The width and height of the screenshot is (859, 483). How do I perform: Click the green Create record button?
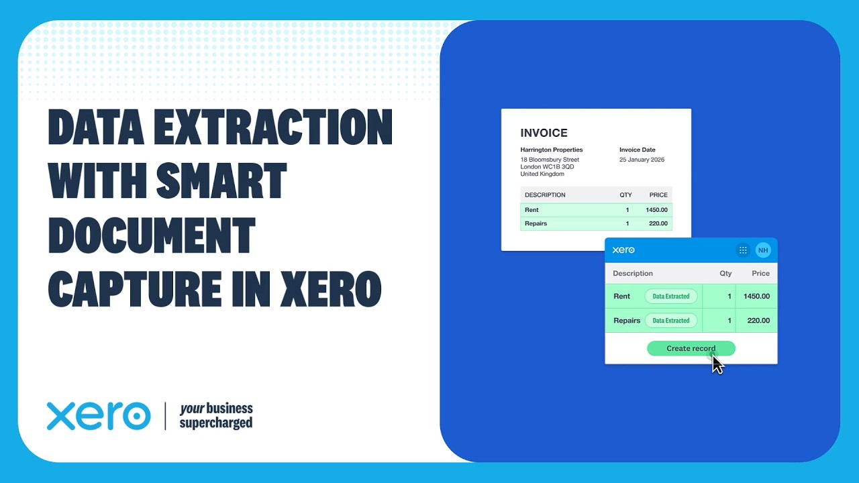[x=691, y=348]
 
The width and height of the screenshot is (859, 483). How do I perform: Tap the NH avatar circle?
[x=762, y=250]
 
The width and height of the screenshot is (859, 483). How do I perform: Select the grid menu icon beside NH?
[x=743, y=250]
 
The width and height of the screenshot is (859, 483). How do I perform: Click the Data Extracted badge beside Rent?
[x=671, y=296]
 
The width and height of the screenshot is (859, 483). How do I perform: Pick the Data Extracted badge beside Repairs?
[x=671, y=321]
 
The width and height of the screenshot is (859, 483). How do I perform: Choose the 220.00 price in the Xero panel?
[x=758, y=321]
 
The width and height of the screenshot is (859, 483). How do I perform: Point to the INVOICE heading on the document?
[x=544, y=133]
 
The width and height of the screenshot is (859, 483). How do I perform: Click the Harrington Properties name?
[x=552, y=150]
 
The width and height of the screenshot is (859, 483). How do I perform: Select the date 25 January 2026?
[x=642, y=160]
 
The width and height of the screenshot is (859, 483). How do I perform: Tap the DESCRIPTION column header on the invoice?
[x=545, y=195]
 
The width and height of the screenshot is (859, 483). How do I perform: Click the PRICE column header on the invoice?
[x=658, y=195]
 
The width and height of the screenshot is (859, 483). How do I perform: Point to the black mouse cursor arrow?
[x=717, y=364]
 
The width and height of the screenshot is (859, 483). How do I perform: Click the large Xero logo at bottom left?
[x=99, y=416]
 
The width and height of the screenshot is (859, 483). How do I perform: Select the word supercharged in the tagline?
[x=216, y=423]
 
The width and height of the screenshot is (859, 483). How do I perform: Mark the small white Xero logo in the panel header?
[x=623, y=250]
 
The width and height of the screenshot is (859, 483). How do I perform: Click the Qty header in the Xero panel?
[x=725, y=274]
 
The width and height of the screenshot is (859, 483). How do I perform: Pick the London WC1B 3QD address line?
[x=547, y=167]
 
